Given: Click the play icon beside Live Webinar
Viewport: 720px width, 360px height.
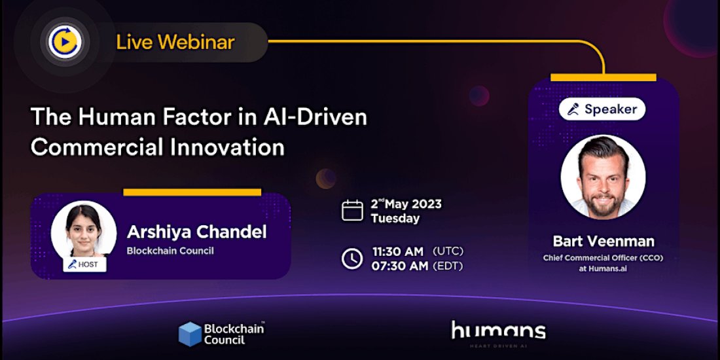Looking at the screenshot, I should point(64,43).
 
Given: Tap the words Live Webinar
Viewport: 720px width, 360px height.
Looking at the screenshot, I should point(175,43).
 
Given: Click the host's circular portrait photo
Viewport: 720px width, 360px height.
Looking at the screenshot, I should point(84,230).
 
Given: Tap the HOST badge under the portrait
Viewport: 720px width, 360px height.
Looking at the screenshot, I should point(84,264).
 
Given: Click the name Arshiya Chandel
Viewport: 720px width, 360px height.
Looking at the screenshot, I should point(196,232).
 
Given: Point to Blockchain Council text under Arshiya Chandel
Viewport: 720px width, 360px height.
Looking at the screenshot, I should point(170,251).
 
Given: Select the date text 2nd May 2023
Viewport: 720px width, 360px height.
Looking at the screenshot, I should point(406,204).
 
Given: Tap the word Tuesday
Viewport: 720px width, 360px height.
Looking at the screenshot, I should point(395,219).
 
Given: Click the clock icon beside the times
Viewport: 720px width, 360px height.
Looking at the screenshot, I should point(352,259).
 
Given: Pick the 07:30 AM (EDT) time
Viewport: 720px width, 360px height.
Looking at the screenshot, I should point(417,266).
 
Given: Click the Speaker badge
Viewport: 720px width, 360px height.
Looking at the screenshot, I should point(602,109).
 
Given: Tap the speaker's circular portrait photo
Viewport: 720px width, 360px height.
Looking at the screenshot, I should point(603,177).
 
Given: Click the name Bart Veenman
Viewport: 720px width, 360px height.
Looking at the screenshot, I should point(603,242).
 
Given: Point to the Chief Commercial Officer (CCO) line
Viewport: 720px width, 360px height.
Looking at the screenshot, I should point(603,258).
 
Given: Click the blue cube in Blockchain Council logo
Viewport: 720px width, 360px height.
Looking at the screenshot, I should point(190,333).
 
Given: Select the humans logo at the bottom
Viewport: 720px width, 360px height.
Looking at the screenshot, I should point(498,331).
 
